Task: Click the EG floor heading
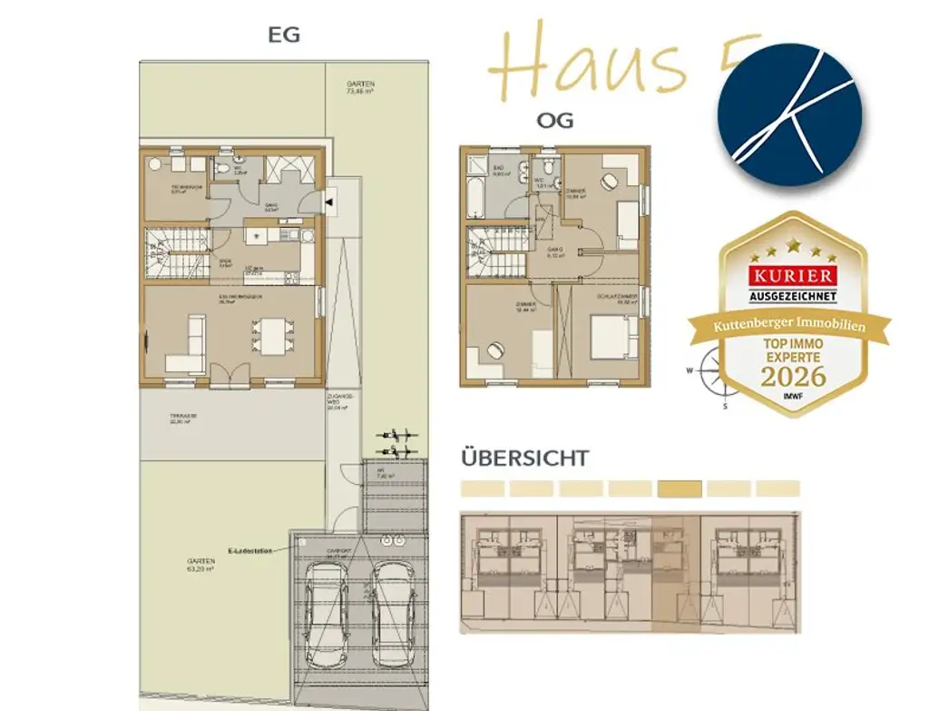click(283, 35)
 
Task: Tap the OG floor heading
click(554, 121)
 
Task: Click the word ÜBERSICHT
click(524, 458)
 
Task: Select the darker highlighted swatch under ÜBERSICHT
click(679, 489)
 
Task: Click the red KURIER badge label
click(789, 274)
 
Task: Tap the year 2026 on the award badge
click(793, 375)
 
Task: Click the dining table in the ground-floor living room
click(270, 337)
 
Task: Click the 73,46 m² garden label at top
click(360, 88)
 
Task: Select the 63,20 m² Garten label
click(200, 566)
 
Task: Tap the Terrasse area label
click(183, 420)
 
